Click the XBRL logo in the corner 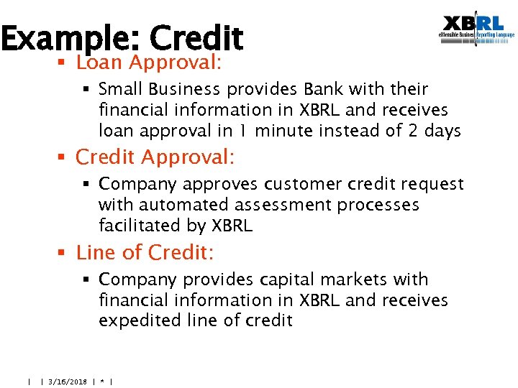(x=477, y=30)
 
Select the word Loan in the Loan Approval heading (x=99, y=63)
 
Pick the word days (x=440, y=131)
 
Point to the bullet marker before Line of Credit (x=63, y=254)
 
